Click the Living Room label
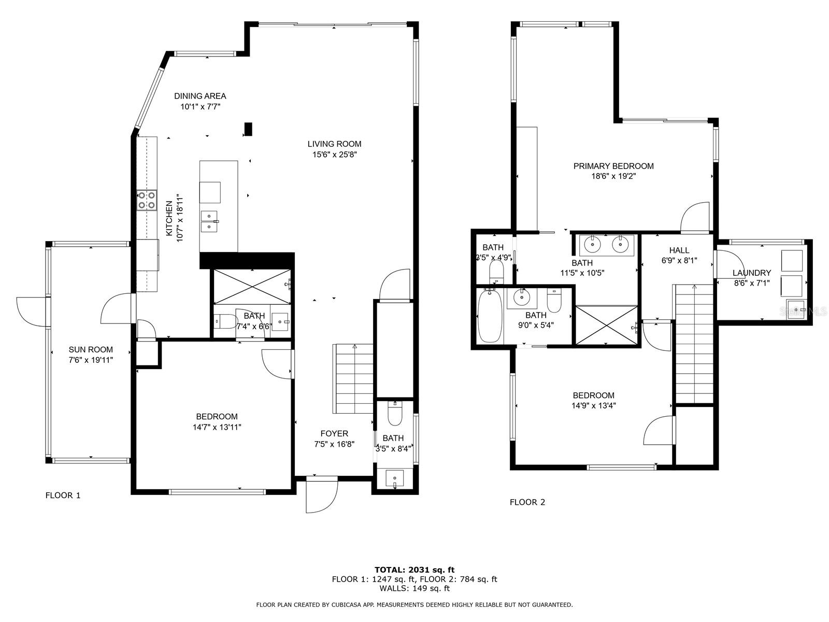[334, 144]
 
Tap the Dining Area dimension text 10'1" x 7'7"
[200, 107]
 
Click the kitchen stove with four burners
[147, 200]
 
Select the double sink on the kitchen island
[209, 221]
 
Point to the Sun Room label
[91, 349]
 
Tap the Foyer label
[334, 433]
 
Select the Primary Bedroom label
[613, 166]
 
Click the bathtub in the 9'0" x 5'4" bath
[489, 316]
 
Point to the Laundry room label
[751, 273]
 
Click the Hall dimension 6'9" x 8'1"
[679, 261]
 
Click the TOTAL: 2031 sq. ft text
[414, 570]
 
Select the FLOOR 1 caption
[63, 495]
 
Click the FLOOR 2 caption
[527, 502]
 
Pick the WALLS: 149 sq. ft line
[414, 588]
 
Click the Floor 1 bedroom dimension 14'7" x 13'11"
[217, 427]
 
